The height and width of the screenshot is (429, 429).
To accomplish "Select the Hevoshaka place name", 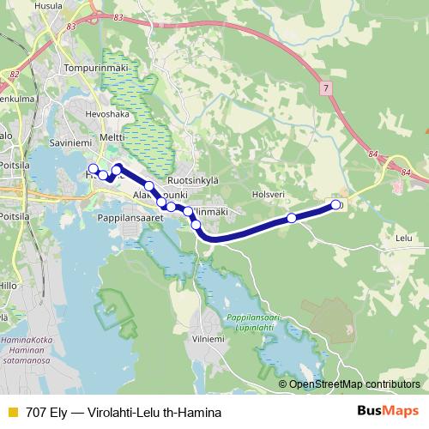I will click(100, 112).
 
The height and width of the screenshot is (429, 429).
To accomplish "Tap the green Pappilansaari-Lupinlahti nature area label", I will click(254, 323).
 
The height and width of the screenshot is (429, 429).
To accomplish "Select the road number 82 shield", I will click(15, 75).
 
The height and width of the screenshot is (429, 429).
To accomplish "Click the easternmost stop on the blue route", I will click(335, 205).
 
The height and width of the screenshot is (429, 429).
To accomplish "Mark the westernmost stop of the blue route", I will click(93, 168).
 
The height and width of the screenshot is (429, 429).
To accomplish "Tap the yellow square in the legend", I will click(13, 412).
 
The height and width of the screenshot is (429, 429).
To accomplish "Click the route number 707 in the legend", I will click(37, 412).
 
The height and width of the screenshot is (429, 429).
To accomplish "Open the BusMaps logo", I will click(388, 412).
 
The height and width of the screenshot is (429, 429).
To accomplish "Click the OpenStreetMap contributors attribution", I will click(353, 384).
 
